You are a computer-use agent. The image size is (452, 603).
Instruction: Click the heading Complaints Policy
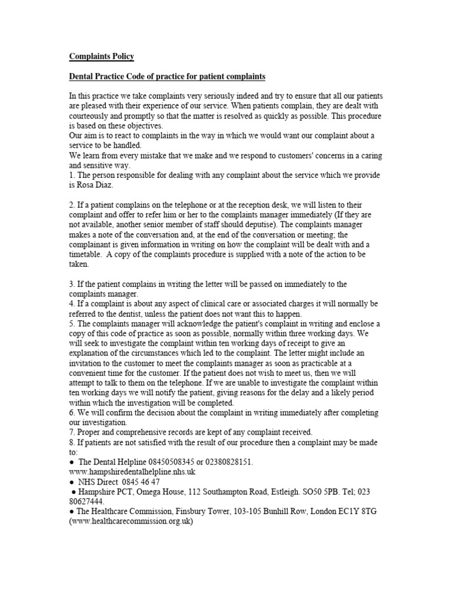[x=101, y=57]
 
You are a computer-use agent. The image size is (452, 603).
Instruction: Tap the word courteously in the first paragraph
[x=93, y=116]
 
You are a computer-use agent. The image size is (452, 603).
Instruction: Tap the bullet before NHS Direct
[x=72, y=482]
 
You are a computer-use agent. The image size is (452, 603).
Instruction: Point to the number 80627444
[x=88, y=502]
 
